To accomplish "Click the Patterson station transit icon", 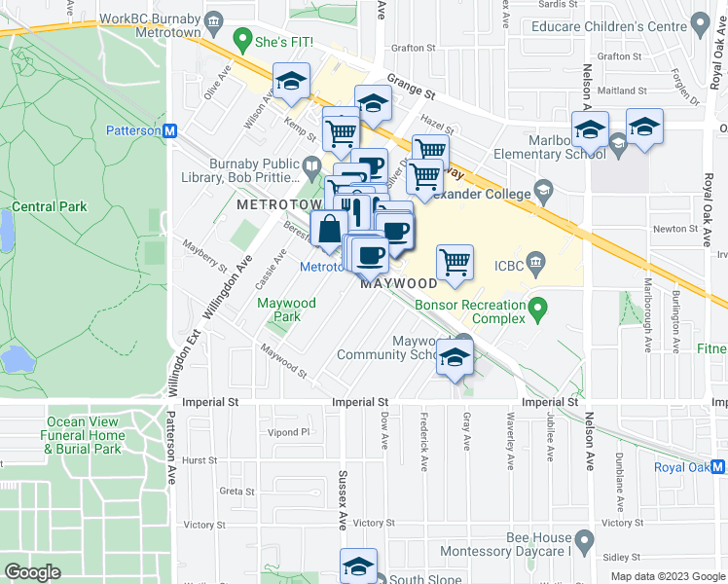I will click(169, 130).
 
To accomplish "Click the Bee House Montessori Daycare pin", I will click(584, 538).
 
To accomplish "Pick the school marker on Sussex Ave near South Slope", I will click(358, 566).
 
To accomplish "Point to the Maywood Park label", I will click(286, 310).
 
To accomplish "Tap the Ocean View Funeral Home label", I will click(83, 435).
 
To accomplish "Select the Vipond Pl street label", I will click(290, 431).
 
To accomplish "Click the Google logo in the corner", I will click(32, 572).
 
